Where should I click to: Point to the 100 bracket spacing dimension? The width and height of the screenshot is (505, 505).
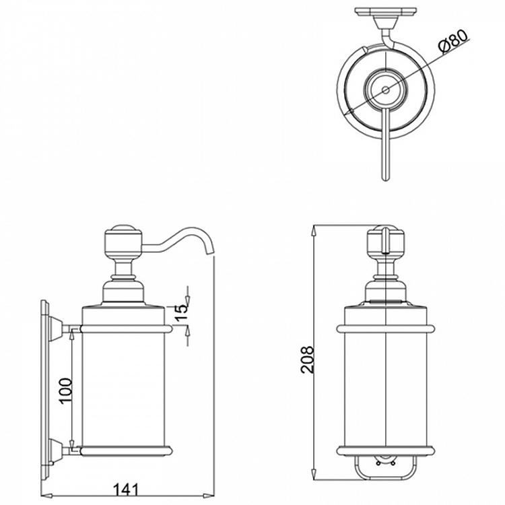click(65, 389)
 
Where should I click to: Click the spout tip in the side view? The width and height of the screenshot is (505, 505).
click(210, 252)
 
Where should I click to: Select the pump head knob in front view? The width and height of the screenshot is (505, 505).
click(386, 241)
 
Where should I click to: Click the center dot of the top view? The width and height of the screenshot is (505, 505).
click(385, 89)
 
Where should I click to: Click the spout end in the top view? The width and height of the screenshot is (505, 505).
click(386, 178)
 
